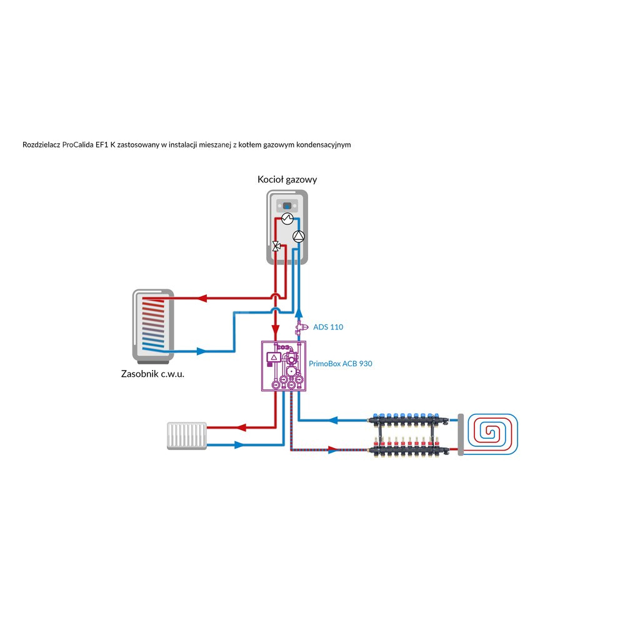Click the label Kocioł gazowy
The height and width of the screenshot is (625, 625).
click(287, 179)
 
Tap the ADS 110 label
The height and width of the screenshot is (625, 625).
click(327, 327)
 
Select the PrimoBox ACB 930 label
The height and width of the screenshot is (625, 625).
click(341, 363)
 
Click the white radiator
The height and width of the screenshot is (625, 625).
click(186, 435)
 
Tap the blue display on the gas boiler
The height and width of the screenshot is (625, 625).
click(287, 204)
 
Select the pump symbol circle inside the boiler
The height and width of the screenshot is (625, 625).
click(299, 236)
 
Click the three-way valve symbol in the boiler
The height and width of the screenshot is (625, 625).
click(275, 246)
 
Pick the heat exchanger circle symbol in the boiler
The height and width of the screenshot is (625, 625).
click(287, 218)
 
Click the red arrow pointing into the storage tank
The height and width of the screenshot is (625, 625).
click(201, 298)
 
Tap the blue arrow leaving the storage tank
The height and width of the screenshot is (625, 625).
click(201, 351)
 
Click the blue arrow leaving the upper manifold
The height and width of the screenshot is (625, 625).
click(335, 419)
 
